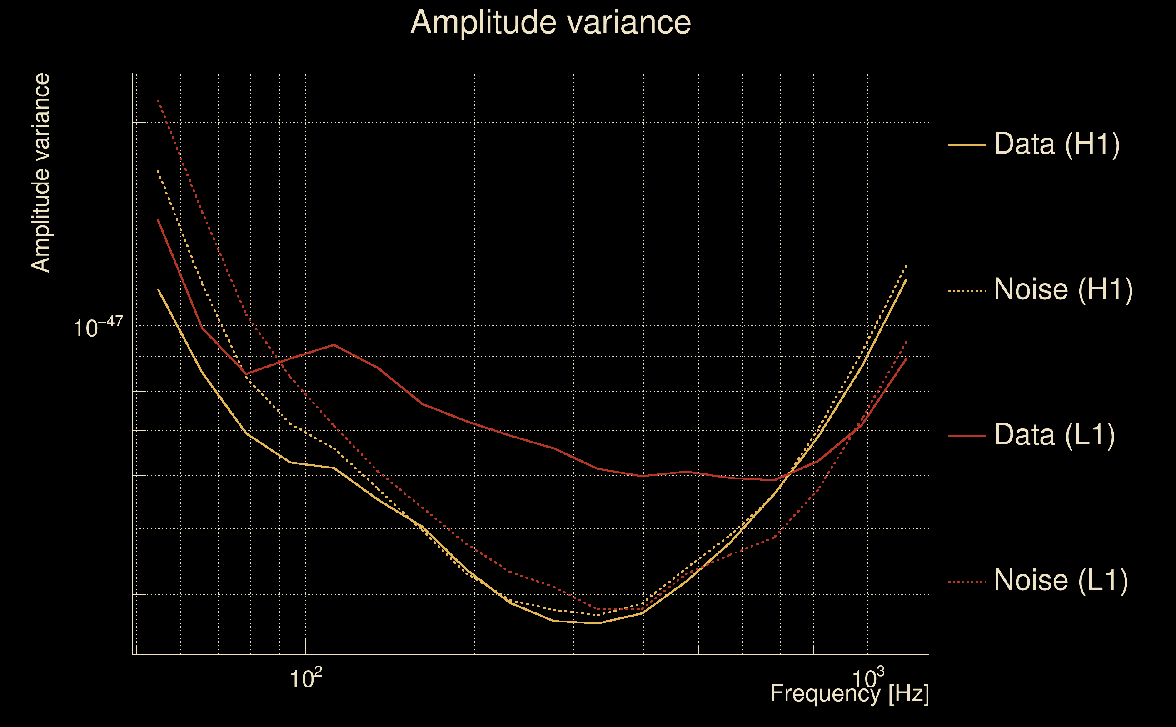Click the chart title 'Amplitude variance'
550,23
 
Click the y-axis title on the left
41,173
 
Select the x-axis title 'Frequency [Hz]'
849,693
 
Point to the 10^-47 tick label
98,328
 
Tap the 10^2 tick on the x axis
305,679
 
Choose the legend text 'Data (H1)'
1057,144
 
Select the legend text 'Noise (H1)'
1063,289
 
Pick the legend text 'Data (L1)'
1054,435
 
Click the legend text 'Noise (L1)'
1061,580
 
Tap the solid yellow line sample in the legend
967,145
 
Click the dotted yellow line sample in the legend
967,291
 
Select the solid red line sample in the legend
967,436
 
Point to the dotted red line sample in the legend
967,582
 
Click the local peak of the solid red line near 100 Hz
334,345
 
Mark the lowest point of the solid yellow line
598,623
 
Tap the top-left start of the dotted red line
158,100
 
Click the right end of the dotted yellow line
906,265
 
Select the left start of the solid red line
158,220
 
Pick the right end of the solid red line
906,358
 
